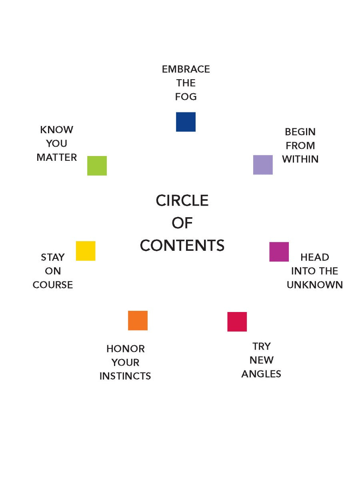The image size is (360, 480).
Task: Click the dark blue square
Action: click(x=186, y=122)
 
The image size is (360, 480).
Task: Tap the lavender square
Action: click(x=263, y=165)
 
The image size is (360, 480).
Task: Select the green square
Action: click(x=97, y=166)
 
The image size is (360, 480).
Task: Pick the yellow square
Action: click(x=86, y=251)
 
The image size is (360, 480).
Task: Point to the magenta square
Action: click(x=279, y=252)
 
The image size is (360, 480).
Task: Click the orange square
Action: click(x=138, y=320)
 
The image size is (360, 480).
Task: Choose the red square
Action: click(x=237, y=322)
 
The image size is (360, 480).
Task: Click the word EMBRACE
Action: click(x=186, y=69)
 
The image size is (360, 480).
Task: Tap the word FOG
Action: click(x=186, y=97)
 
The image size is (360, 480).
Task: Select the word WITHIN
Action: click(x=300, y=159)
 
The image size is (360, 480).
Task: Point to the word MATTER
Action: click(x=57, y=157)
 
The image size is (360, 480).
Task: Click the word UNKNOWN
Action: click(x=315, y=285)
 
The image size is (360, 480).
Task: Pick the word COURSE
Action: click(x=53, y=285)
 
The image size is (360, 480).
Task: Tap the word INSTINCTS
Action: click(x=125, y=376)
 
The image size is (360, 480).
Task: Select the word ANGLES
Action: click(x=261, y=374)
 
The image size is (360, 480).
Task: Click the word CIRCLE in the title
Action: click(x=182, y=200)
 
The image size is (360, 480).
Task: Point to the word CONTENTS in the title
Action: click(x=182, y=245)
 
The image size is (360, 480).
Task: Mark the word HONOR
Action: click(x=126, y=348)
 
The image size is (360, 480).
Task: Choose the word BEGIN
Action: click(x=300, y=132)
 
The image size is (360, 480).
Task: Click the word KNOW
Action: click(x=57, y=130)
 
